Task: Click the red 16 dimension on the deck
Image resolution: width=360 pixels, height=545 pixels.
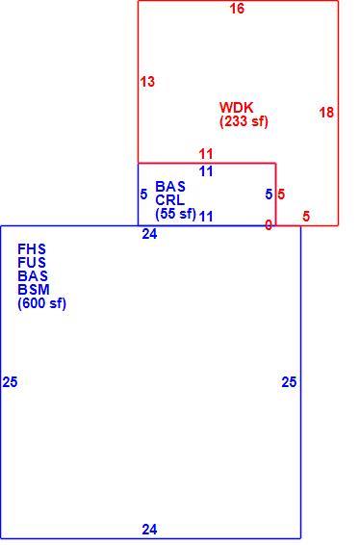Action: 237,9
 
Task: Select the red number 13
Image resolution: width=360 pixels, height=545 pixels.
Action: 147,82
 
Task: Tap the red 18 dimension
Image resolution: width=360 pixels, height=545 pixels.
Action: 326,113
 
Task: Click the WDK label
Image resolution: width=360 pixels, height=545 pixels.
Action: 236,108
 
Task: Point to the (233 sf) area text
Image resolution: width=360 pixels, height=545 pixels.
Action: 244,121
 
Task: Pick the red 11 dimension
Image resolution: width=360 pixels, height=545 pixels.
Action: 206,154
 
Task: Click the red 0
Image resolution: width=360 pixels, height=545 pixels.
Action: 269,225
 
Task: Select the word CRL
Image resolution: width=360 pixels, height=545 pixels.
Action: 170,200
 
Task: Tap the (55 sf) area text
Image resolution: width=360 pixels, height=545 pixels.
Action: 176,214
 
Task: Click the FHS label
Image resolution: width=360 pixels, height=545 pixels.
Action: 32,249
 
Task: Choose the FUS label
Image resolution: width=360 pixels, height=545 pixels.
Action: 32,263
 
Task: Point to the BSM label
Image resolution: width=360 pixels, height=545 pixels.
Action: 34,290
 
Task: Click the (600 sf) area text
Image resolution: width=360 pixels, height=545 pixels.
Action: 41,303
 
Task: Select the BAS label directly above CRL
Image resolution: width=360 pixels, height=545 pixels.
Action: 170,187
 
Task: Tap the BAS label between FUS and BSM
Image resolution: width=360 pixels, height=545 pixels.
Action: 33,276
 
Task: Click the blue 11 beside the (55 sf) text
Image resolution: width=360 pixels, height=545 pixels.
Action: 206,217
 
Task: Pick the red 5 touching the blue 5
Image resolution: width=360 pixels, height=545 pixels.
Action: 281,195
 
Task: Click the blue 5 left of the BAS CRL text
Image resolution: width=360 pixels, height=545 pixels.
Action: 143,195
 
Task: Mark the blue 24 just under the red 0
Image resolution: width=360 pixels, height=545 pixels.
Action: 149,234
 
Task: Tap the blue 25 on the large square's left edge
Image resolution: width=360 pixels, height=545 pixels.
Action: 10,382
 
